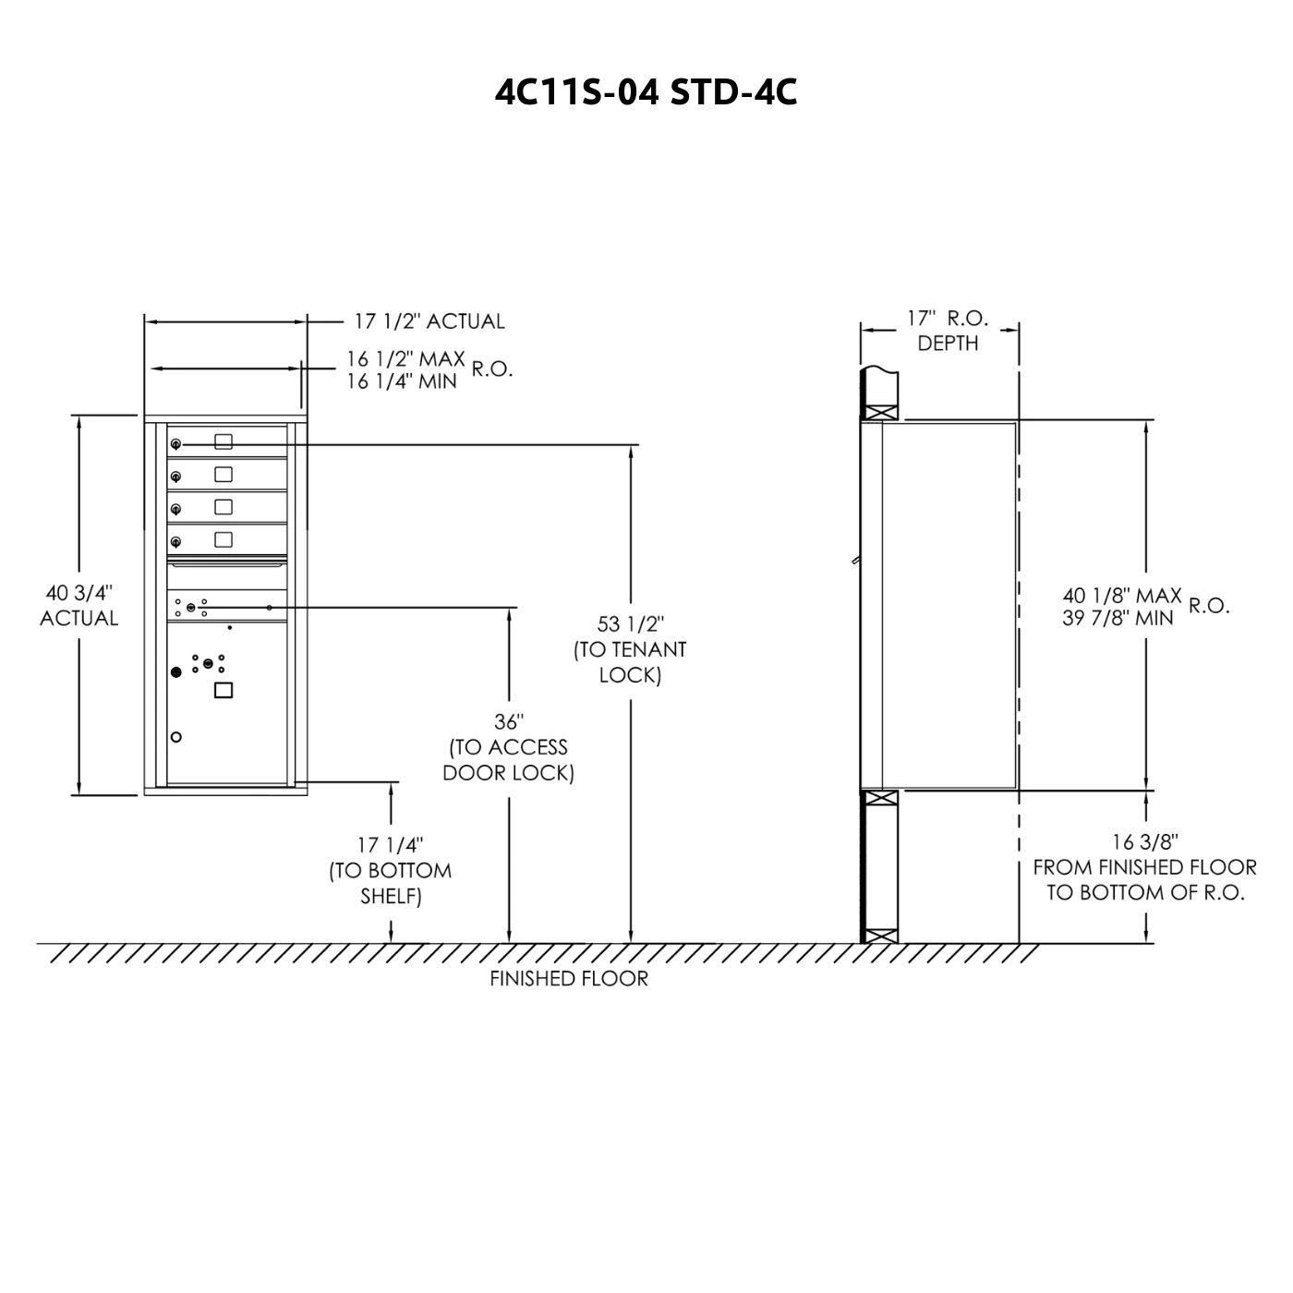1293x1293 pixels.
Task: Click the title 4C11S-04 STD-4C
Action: click(646, 92)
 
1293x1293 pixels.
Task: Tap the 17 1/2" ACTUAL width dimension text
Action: click(429, 321)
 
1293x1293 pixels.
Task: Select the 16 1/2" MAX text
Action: click(405, 359)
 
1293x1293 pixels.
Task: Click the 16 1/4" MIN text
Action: click(401, 381)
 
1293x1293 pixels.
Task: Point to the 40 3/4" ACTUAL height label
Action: click(79, 605)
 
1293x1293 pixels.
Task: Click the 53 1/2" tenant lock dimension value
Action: click(630, 624)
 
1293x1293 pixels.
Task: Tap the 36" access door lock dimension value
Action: click(509, 722)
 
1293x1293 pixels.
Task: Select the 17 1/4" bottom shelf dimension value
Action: click(390, 845)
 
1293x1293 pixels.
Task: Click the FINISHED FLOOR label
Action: click(569, 979)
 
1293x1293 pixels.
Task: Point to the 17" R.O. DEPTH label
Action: click(948, 331)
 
